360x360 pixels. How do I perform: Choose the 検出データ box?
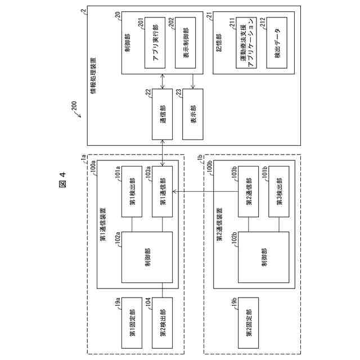coord(276,42)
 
